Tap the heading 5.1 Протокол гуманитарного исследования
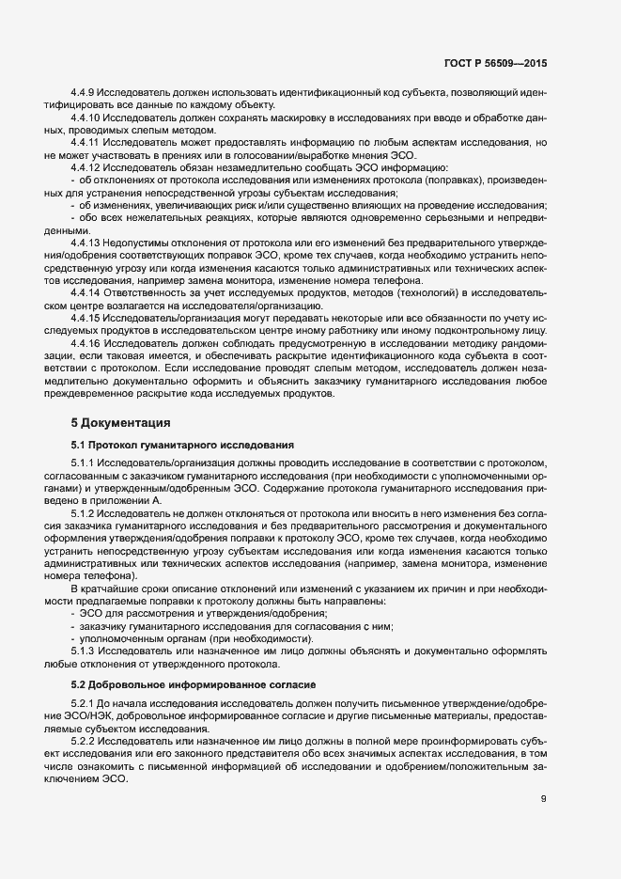[183, 444]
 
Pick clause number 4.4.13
[87, 243]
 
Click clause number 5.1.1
[85, 464]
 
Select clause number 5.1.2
[85, 514]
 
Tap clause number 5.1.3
[85, 651]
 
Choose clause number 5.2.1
[85, 703]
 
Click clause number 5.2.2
[85, 740]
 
